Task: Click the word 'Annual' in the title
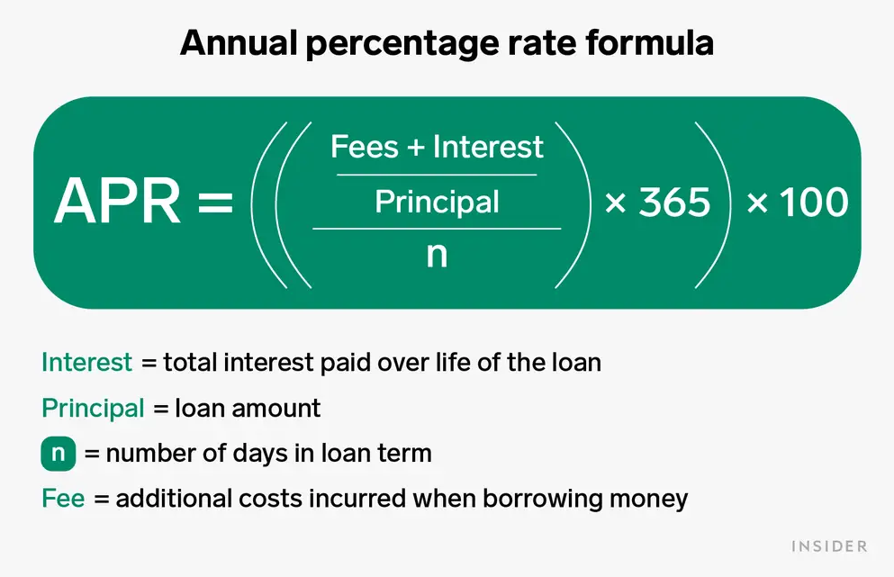click(x=239, y=43)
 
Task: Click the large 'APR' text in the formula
click(x=117, y=202)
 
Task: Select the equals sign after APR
click(x=215, y=202)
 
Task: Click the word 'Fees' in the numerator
click(x=365, y=147)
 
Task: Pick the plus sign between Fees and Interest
click(x=416, y=148)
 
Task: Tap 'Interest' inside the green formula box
click(x=488, y=147)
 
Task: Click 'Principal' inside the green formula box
click(x=437, y=203)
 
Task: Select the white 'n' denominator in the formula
click(x=437, y=255)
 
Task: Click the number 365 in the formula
click(x=674, y=203)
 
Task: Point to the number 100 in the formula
click(x=814, y=203)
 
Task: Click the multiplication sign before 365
click(x=615, y=203)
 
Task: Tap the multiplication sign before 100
click(x=757, y=203)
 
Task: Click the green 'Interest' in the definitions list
click(x=86, y=363)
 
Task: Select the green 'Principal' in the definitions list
click(x=93, y=409)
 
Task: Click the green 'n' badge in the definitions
click(x=59, y=454)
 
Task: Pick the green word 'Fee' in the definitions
click(x=63, y=499)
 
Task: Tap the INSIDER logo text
click(x=829, y=546)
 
